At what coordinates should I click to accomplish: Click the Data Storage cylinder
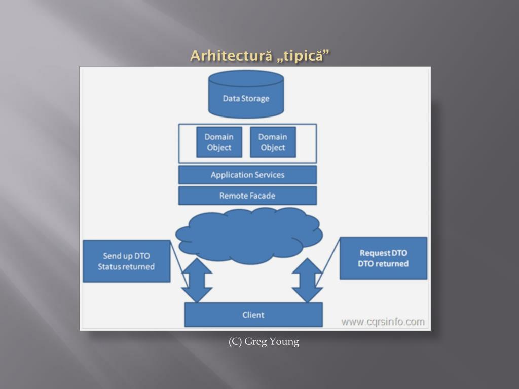coord(246,95)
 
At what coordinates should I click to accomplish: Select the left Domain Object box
coord(219,142)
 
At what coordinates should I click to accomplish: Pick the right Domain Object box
coord(273,142)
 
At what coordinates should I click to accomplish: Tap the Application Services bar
coord(247,175)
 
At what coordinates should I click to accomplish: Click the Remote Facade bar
coord(247,196)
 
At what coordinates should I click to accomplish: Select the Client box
coord(253,315)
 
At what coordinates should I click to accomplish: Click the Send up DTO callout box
coord(126,261)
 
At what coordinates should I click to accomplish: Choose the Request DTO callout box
coord(383,258)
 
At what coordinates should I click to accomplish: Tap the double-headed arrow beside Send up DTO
coord(197,280)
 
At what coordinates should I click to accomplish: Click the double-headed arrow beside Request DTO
coord(307,280)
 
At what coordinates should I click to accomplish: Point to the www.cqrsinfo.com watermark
coord(383,322)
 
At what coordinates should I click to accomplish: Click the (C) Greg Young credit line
coord(264,342)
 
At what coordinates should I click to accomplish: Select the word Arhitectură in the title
coord(231,56)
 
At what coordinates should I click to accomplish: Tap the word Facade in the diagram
coord(261,196)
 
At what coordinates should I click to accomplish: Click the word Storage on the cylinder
coord(255,98)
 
